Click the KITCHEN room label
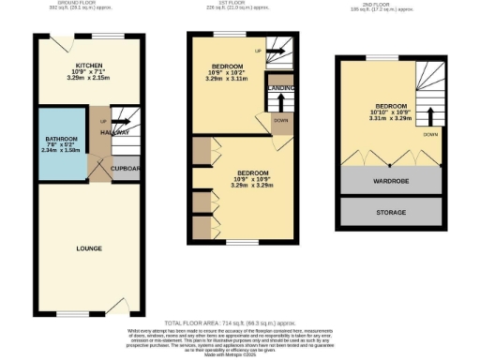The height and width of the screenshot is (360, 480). point(89,66)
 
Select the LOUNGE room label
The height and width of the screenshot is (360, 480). point(89,248)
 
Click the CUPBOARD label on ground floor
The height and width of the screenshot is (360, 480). point(126,168)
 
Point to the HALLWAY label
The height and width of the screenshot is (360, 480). point(116,133)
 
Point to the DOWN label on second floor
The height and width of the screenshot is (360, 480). point(429,134)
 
